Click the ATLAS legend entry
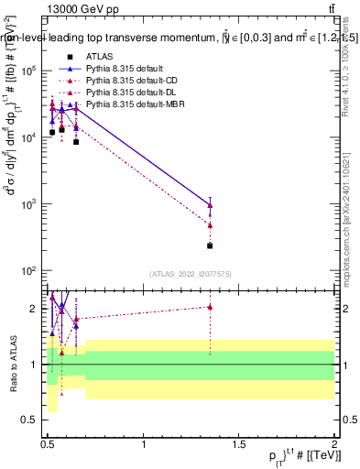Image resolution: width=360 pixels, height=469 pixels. [98, 58]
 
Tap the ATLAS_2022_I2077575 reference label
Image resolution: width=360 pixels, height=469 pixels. [191, 274]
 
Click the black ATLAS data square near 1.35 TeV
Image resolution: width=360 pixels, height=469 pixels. [210, 245]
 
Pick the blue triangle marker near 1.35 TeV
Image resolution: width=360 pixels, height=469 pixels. [210, 205]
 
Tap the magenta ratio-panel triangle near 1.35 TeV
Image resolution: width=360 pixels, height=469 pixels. [210, 307]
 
